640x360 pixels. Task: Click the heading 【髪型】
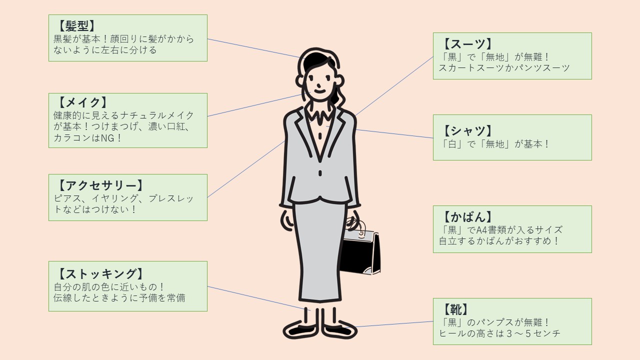(x=76, y=26)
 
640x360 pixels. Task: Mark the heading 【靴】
(x=455, y=309)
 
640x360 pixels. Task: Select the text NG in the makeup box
(x=108, y=138)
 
